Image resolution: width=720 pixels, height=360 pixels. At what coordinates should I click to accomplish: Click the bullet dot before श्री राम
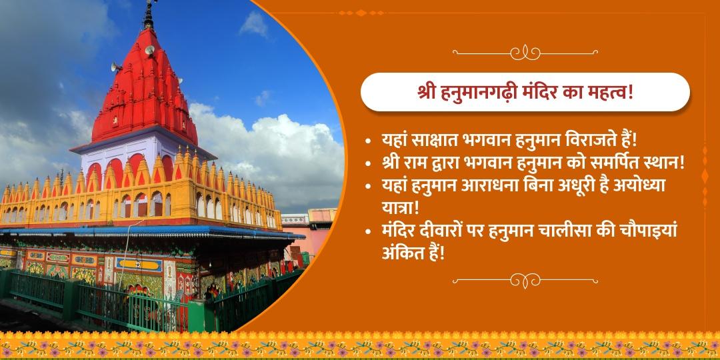[369, 164]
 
